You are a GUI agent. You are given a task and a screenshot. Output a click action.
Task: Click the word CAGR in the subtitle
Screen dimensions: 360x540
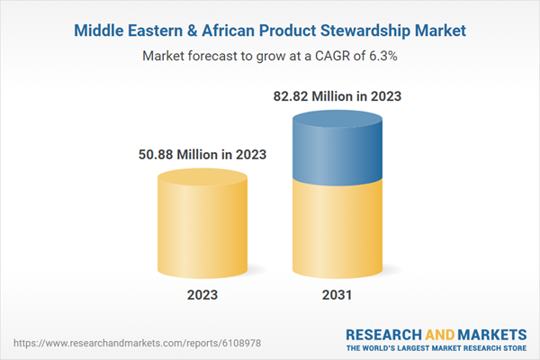pos(312,56)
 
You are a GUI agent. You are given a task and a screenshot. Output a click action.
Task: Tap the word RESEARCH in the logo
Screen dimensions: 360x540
pos(383,333)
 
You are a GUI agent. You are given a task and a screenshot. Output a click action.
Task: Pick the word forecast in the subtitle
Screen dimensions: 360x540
pos(216,56)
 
